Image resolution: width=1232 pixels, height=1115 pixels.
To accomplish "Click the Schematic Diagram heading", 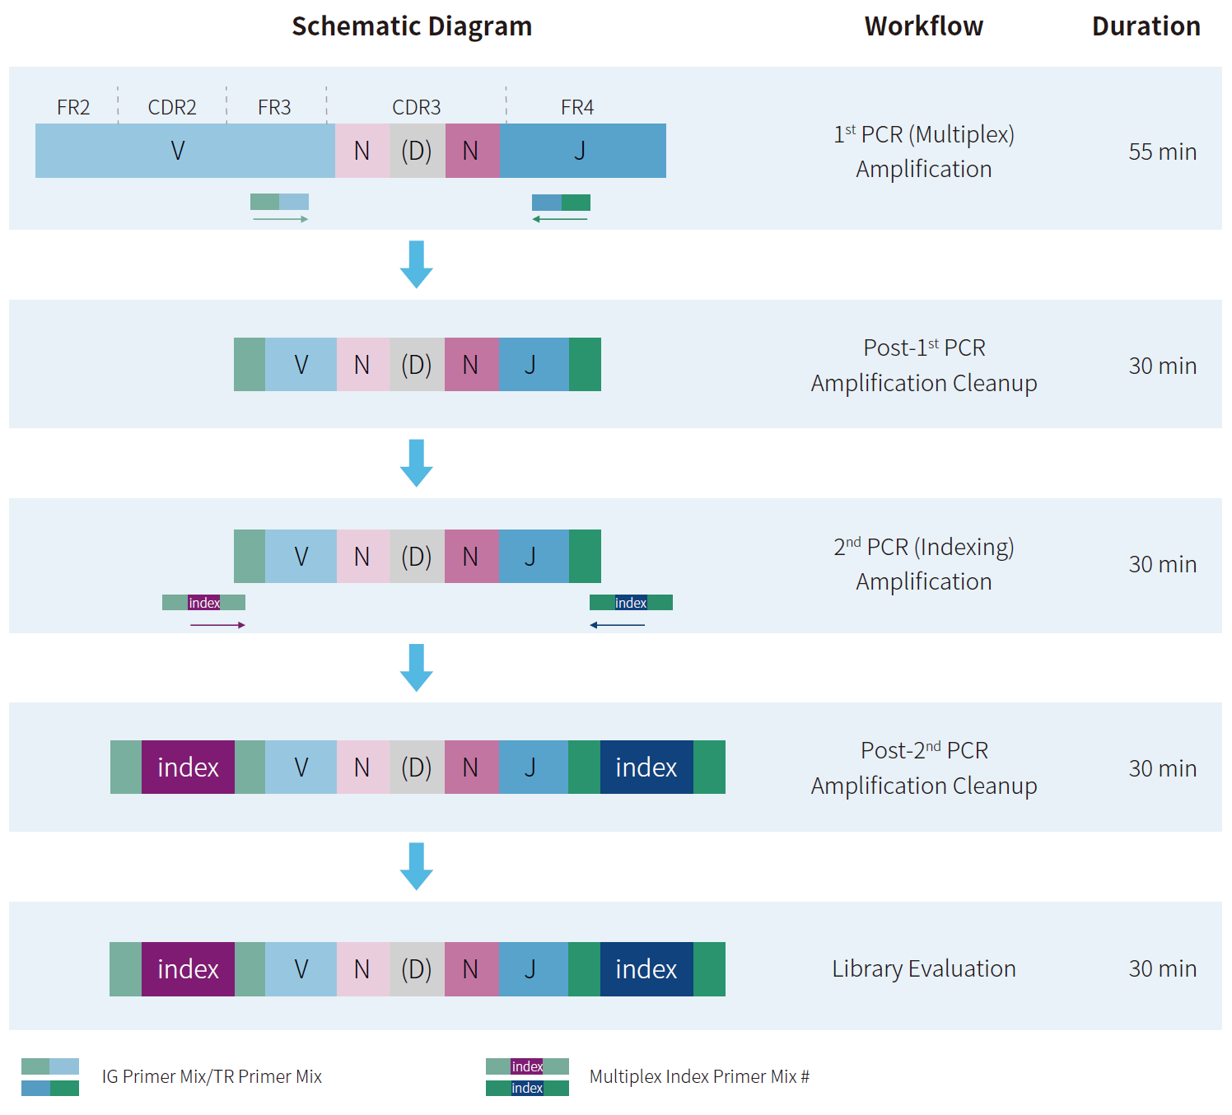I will pyautogui.click(x=412, y=26).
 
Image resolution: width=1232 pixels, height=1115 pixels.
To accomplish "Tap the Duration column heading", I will pyautogui.click(x=1146, y=26).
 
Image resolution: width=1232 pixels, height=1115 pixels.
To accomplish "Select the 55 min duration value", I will pyautogui.click(x=1162, y=152).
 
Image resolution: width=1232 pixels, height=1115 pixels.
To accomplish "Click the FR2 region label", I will pyautogui.click(x=73, y=108).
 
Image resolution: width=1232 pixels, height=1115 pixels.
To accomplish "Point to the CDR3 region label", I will pyautogui.click(x=416, y=108).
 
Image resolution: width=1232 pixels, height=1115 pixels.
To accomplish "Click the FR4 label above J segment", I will pyautogui.click(x=576, y=108).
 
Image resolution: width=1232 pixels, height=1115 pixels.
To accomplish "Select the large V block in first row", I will pyautogui.click(x=178, y=151).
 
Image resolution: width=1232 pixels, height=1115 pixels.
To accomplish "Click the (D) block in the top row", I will pyautogui.click(x=417, y=151).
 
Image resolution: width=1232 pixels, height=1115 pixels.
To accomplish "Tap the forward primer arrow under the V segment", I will pyautogui.click(x=280, y=219).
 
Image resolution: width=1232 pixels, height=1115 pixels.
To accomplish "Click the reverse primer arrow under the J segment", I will pyautogui.click(x=560, y=219).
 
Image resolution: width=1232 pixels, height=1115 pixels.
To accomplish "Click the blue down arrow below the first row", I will pyautogui.click(x=417, y=264).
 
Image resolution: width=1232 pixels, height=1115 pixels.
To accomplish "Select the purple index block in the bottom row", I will pyautogui.click(x=188, y=969).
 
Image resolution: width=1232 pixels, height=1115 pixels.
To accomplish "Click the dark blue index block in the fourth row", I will pyautogui.click(x=646, y=767).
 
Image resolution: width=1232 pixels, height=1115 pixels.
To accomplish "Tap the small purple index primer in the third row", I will pyautogui.click(x=204, y=603).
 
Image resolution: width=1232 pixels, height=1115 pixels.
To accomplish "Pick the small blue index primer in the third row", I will pyautogui.click(x=631, y=603).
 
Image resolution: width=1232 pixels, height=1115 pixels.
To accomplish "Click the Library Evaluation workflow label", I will pyautogui.click(x=923, y=969).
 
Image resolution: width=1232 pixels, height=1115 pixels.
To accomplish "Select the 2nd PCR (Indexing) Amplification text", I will pyautogui.click(x=923, y=564).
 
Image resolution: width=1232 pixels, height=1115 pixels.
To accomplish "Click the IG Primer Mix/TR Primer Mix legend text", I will pyautogui.click(x=212, y=1077).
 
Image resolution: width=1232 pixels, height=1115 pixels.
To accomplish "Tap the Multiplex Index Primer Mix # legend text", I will pyautogui.click(x=699, y=1077).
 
